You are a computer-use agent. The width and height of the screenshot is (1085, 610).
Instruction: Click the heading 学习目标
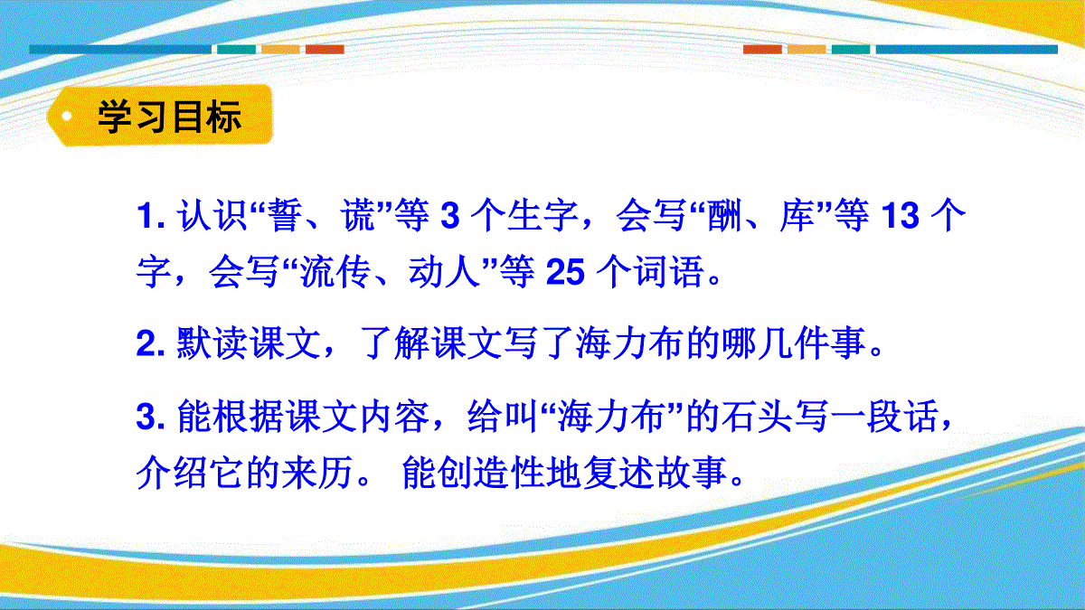pyautogui.click(x=170, y=117)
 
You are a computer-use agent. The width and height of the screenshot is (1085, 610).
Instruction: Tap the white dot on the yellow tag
pyautogui.click(x=67, y=117)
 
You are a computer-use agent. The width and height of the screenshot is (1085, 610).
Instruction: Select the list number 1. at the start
pyautogui.click(x=151, y=215)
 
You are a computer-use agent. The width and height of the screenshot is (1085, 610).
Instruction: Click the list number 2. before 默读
pyautogui.click(x=151, y=343)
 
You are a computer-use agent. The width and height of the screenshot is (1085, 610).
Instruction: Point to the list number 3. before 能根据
pyautogui.click(x=151, y=417)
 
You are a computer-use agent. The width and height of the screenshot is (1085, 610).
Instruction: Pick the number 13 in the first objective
pyautogui.click(x=901, y=215)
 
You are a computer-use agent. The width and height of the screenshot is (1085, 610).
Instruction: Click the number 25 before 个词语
pyautogui.click(x=565, y=273)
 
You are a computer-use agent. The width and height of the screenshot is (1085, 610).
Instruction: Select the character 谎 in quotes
pyautogui.click(x=357, y=215)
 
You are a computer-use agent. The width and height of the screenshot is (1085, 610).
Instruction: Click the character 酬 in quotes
pyautogui.click(x=724, y=215)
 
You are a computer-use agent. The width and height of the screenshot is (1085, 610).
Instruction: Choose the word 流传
pyautogui.click(x=335, y=273)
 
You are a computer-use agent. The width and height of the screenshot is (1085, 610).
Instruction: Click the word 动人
pyautogui.click(x=444, y=273)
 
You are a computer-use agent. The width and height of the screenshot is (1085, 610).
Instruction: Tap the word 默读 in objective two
pyautogui.click(x=212, y=343)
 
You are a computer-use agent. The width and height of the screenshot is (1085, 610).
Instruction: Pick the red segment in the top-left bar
pyautogui.click(x=325, y=50)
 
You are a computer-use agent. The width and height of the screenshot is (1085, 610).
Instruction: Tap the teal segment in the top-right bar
pyautogui.click(x=851, y=50)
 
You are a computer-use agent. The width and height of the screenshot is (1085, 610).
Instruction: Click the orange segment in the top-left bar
pyautogui.click(x=280, y=50)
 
